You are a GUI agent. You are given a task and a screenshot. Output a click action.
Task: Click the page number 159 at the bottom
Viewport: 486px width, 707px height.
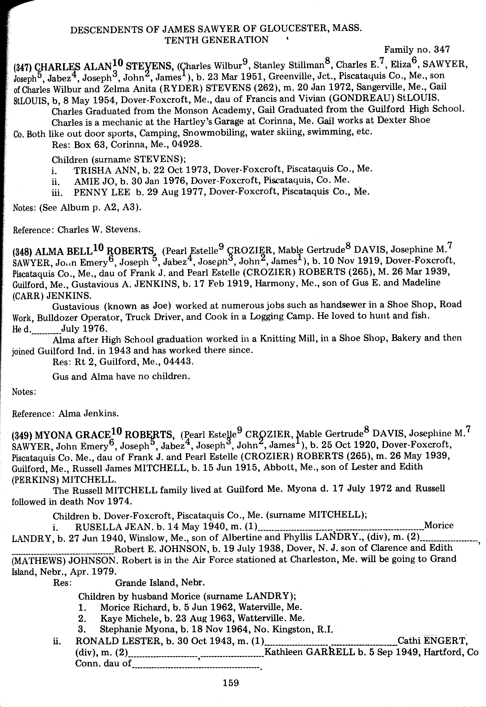[230, 683]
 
